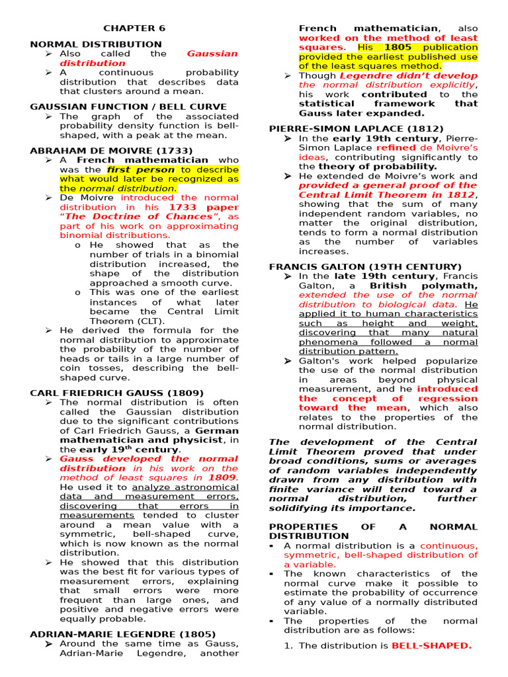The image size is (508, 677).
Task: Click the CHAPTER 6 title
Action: tap(134, 28)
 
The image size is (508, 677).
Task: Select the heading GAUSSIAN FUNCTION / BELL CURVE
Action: tap(128, 106)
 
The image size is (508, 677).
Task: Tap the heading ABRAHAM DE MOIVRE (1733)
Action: tap(111, 151)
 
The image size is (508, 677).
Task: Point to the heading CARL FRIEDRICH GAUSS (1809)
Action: tap(117, 393)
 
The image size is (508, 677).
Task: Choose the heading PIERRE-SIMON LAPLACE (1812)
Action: tap(356, 128)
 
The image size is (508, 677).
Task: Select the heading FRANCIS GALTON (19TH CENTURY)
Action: tap(365, 266)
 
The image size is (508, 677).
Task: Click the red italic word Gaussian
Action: tap(212, 54)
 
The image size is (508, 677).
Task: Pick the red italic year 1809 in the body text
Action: tap(222, 477)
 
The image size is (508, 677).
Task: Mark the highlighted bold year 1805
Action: tap(398, 48)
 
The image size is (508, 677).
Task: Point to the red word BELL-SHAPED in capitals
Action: tap(431, 645)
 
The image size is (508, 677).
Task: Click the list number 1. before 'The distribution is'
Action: tap(288, 646)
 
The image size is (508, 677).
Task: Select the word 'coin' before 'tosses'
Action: tap(70, 368)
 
